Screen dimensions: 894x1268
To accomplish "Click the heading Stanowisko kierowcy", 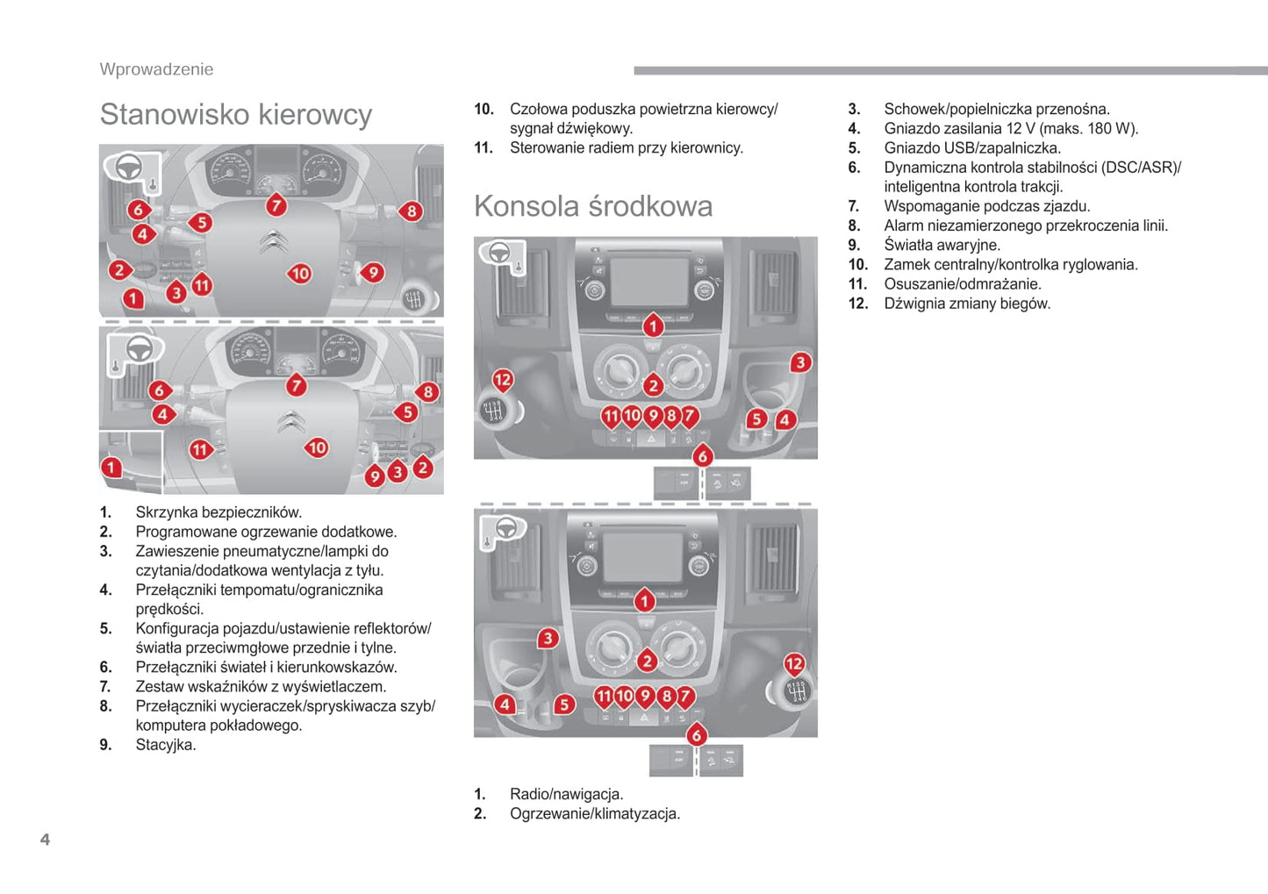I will (x=235, y=115).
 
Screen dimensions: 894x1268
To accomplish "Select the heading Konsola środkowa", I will (x=593, y=206).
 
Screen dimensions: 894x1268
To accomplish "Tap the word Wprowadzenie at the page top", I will (x=156, y=69).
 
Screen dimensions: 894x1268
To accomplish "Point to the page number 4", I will (x=45, y=840).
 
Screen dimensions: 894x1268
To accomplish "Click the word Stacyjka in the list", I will (x=166, y=745).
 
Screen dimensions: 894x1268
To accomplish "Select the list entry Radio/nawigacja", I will (x=566, y=794).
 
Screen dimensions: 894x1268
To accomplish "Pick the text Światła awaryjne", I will (x=942, y=245).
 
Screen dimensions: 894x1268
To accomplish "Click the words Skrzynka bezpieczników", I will (x=218, y=512).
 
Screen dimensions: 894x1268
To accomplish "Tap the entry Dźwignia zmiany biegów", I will (x=967, y=304).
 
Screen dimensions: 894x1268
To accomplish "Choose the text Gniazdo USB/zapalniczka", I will (x=972, y=148).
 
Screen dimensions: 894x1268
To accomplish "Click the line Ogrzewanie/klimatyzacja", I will (x=594, y=813).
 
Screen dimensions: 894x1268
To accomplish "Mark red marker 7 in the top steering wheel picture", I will (x=276, y=205).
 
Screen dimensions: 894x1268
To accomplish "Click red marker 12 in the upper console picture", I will (x=502, y=380).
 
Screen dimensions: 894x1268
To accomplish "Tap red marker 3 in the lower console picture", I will (x=548, y=638).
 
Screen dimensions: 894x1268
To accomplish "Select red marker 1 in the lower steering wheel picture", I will (x=111, y=467).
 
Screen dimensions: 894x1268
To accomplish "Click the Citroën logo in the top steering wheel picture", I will (x=274, y=241).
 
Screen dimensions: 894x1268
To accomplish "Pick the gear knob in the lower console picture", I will (x=795, y=691).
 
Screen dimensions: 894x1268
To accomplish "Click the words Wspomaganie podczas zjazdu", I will (x=986, y=206).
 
